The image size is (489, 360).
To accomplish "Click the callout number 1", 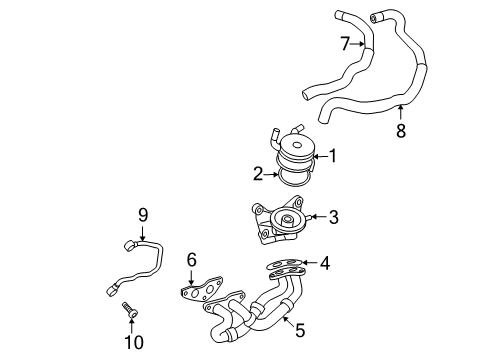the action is pos(333,156).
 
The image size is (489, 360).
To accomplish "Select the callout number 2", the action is pos(258,174).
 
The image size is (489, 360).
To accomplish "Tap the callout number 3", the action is pos(334,217).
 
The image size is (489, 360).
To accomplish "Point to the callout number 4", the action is pos(325,263).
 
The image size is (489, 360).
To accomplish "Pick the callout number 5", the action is pos(300,330).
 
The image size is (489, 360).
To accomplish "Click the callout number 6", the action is pos(192,260).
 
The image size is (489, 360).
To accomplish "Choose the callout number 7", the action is pos(345,44).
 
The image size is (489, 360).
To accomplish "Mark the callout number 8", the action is pos(401,130).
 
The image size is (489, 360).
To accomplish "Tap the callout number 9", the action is pos(143,215).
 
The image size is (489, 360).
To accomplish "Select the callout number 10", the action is pos(134,342).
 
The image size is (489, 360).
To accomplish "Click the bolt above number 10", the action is pos(130,310).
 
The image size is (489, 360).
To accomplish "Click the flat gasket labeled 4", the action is pos(285,264).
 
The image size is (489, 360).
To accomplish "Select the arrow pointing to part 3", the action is pos(319,217).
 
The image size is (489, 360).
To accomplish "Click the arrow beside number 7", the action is pos(358,44).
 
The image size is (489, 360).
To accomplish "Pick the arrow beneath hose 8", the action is pos(401,112).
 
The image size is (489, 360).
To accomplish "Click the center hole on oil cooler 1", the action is pos(296,145).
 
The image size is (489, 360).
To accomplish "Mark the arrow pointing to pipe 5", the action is pos(288,321).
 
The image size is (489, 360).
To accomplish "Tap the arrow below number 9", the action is pos(143,233).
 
